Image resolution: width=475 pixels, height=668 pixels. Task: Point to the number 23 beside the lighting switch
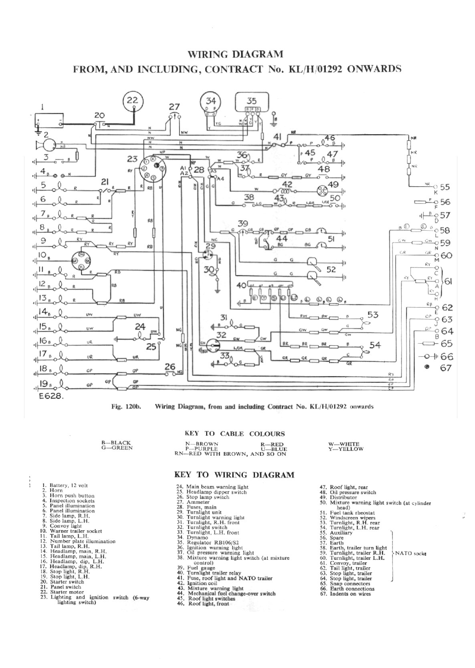tap(132, 159)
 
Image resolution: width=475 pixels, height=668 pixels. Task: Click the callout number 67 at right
tap(446, 368)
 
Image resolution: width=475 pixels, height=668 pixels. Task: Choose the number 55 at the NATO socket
tap(445, 187)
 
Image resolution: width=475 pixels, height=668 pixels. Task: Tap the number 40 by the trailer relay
tap(241, 286)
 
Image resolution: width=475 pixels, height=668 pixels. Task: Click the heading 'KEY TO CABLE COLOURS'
tap(234, 433)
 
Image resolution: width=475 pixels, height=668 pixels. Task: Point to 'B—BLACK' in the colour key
tap(116, 443)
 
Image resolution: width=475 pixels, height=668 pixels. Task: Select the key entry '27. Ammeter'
tap(198, 502)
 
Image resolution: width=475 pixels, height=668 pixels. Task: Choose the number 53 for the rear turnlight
tap(373, 315)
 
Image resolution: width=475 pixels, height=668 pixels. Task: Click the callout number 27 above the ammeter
tap(174, 107)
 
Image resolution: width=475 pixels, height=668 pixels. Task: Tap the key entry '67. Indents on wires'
tap(350, 594)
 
